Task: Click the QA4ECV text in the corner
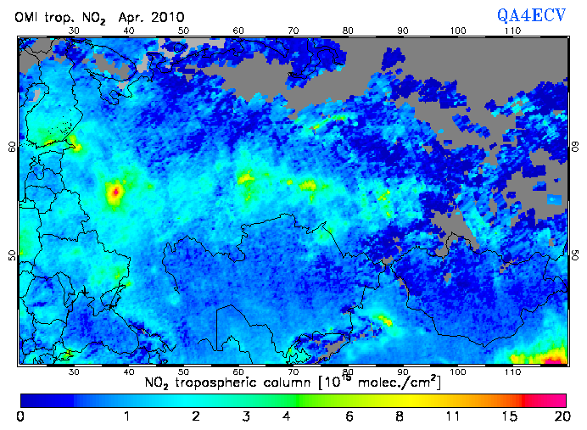tap(533, 14)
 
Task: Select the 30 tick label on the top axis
tap(74, 31)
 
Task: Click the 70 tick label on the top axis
tap(293, 31)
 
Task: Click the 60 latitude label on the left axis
tap(12, 147)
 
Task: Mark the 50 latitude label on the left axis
tap(12, 255)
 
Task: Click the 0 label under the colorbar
tap(20, 416)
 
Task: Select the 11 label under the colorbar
tap(454, 416)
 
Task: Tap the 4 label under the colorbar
tap(288, 416)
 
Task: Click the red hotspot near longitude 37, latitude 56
tap(115, 193)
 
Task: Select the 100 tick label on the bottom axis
tap(458, 371)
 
